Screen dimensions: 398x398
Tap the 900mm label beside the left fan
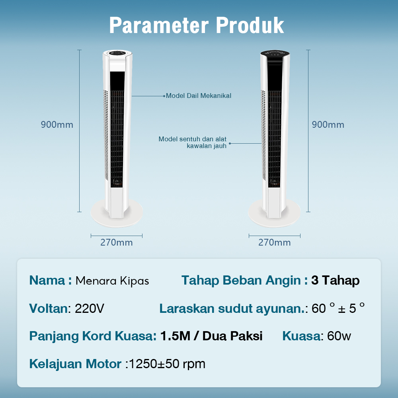(x=57, y=125)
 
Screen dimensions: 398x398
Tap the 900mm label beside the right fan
(x=328, y=125)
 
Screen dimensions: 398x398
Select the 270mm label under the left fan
(x=116, y=242)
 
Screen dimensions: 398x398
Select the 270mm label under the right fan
(x=274, y=242)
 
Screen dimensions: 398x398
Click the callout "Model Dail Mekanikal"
(x=198, y=96)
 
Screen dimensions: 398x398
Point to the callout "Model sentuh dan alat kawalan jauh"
(x=193, y=142)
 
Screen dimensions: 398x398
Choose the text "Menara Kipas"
(x=112, y=281)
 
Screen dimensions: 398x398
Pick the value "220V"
(x=90, y=308)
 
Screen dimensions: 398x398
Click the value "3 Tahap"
(x=335, y=281)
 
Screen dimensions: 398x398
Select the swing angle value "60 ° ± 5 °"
(x=338, y=308)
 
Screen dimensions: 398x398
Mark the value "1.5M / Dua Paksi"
(x=211, y=336)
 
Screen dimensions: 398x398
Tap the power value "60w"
(x=339, y=336)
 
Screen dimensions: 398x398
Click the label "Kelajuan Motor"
(x=75, y=364)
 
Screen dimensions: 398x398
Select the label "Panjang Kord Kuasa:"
(x=93, y=336)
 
